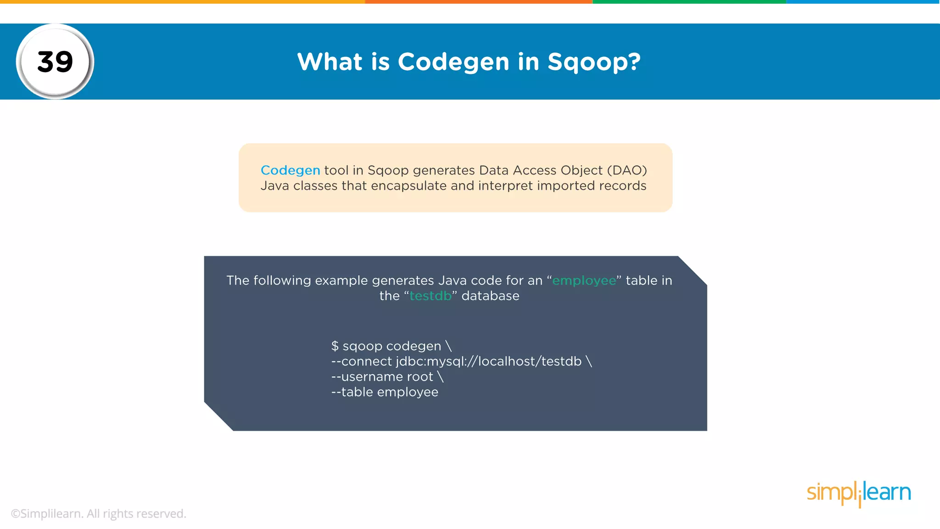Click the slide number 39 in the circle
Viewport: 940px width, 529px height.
point(55,62)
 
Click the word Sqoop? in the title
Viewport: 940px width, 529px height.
point(594,62)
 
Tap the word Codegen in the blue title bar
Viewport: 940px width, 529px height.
point(453,62)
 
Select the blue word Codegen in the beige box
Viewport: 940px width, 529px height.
point(290,170)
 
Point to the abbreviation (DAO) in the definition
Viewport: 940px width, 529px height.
point(627,170)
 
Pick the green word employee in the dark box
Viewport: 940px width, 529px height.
point(584,281)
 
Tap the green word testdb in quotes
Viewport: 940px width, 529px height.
point(431,296)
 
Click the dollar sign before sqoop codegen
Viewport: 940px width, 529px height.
point(335,346)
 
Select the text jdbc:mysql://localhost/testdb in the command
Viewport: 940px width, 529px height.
point(489,362)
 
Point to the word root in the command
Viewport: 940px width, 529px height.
point(420,377)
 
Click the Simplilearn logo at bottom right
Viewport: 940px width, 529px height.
point(858,493)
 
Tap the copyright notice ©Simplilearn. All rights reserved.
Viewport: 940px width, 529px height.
point(98,514)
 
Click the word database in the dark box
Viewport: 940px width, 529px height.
point(490,296)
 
